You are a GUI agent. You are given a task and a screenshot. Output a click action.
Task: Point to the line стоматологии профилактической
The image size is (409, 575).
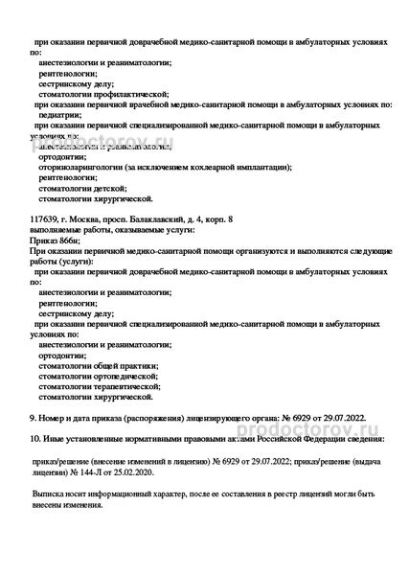click(x=96, y=94)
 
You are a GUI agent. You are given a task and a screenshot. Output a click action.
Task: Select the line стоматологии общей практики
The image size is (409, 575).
click(x=98, y=364)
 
